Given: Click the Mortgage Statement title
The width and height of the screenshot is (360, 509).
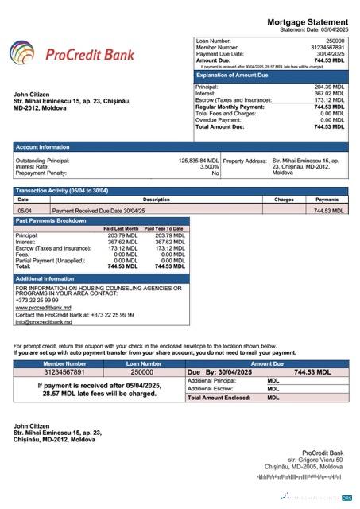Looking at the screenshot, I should pyautogui.click(x=307, y=22).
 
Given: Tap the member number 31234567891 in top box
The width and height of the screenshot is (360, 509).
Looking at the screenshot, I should pyautogui.click(x=327, y=47).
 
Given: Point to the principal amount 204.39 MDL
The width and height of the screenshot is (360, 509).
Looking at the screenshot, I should pyautogui.click(x=329, y=87).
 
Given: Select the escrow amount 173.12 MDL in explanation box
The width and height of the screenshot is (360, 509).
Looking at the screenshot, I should pyautogui.click(x=329, y=100).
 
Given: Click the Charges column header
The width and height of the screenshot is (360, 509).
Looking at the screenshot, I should pyautogui.click(x=284, y=200).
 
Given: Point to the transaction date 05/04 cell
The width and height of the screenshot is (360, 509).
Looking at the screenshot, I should pyautogui.click(x=25, y=211).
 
